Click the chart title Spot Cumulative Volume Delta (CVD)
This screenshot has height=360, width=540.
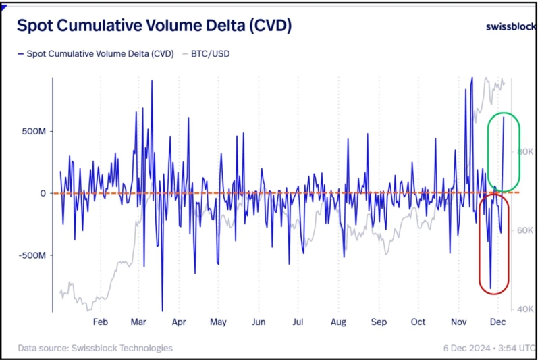[x=154, y=26]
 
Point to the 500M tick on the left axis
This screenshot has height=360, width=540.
[x=33, y=131]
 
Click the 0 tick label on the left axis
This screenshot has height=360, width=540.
[x=43, y=193]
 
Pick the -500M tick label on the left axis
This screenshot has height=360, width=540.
[x=32, y=255]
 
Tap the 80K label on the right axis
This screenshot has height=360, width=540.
[x=526, y=151]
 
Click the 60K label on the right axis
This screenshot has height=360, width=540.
[x=526, y=230]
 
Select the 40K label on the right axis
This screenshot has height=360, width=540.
[x=526, y=309]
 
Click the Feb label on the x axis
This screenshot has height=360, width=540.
[x=100, y=322]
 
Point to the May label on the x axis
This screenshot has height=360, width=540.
[x=219, y=322]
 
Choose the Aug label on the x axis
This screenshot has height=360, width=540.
[x=339, y=322]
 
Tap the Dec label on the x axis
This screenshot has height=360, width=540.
[x=497, y=322]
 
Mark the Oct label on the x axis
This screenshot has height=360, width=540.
[x=418, y=322]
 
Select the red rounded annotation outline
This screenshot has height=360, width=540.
[x=479, y=243]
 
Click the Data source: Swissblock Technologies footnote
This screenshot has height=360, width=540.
[x=95, y=348]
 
